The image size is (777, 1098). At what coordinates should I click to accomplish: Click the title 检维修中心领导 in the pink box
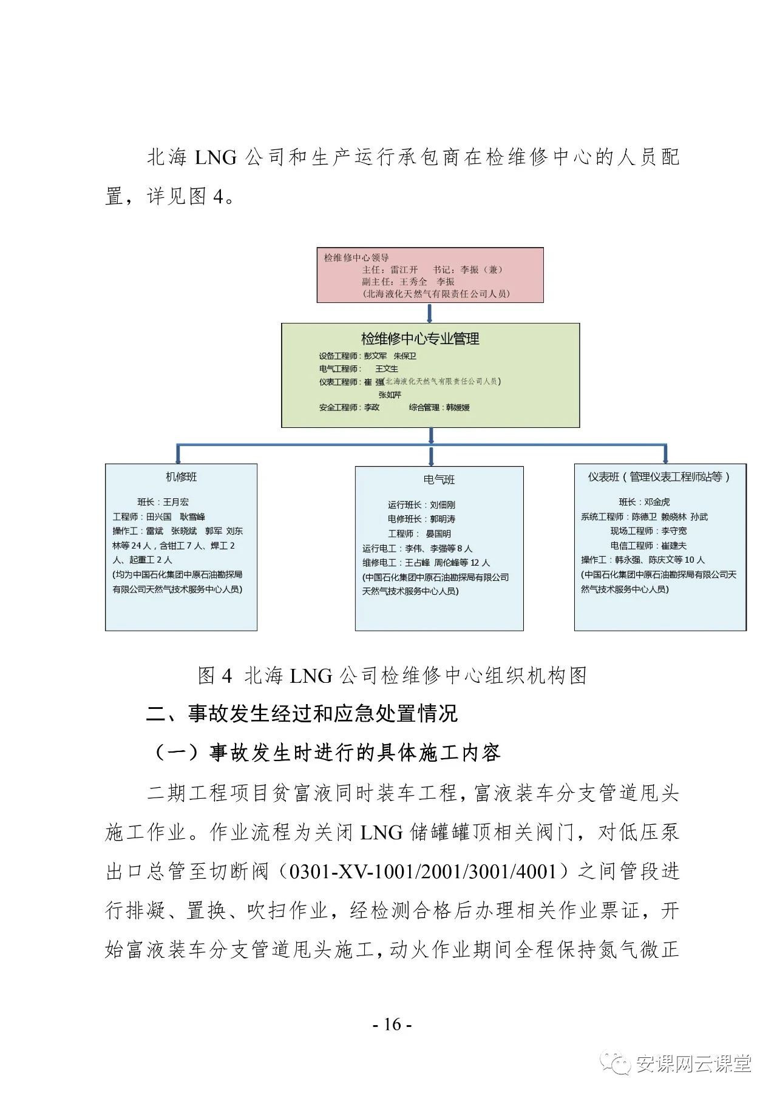click(356, 258)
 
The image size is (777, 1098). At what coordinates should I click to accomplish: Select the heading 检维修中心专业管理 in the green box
click(420, 339)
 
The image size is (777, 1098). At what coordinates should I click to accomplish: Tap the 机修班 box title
click(182, 477)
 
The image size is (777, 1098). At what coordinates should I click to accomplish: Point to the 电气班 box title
click(439, 480)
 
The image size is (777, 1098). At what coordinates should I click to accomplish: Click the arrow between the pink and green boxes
click(430, 313)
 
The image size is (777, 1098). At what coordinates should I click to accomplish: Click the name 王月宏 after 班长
click(176, 502)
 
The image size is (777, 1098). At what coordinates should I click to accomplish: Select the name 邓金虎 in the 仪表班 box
click(657, 502)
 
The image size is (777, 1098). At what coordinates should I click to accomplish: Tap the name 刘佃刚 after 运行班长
click(443, 505)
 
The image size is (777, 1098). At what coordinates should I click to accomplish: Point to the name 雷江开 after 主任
click(404, 270)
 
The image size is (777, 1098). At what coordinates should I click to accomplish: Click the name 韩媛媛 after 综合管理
click(458, 407)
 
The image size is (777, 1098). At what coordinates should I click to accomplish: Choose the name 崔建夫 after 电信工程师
click(674, 546)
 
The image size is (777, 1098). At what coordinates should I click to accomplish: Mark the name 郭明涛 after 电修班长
click(443, 520)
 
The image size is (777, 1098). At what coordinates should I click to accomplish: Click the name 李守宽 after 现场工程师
click(674, 531)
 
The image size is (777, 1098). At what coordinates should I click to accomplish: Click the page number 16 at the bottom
click(393, 1025)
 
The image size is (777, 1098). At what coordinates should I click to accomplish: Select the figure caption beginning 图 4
click(392, 676)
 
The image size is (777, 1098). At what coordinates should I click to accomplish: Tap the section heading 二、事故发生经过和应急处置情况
click(302, 714)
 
